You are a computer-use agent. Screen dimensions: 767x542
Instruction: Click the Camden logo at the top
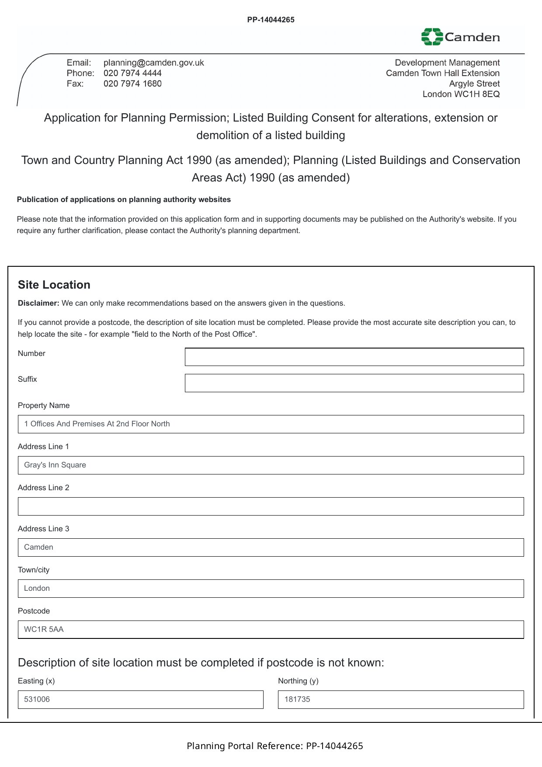tap(460, 37)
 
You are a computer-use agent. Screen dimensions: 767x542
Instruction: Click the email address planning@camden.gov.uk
tap(153, 63)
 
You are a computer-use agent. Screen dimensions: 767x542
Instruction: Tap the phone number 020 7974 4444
tap(132, 73)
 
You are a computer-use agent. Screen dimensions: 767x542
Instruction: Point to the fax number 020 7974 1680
tap(132, 84)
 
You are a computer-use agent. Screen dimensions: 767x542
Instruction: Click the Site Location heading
tap(54, 285)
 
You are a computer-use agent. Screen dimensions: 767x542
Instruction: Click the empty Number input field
tap(354, 357)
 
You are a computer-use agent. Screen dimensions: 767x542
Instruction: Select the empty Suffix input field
tap(354, 383)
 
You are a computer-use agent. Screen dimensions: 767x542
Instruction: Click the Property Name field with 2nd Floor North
tap(271, 424)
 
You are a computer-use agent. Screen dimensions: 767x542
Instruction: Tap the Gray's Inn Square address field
tap(271, 465)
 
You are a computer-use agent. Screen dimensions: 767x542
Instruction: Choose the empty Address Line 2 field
tap(271, 506)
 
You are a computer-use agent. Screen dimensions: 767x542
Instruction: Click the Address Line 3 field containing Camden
tap(271, 547)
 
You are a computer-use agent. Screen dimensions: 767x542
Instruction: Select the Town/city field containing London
tap(271, 589)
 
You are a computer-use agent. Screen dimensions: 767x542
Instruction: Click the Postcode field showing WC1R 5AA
tap(271, 630)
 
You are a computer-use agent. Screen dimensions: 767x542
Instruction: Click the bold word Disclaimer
tap(38, 303)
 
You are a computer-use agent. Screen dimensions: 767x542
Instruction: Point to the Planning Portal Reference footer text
tap(274, 746)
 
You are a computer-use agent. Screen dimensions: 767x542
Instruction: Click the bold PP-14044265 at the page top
tap(271, 20)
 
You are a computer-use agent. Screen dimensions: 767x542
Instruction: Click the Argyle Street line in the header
tap(474, 84)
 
